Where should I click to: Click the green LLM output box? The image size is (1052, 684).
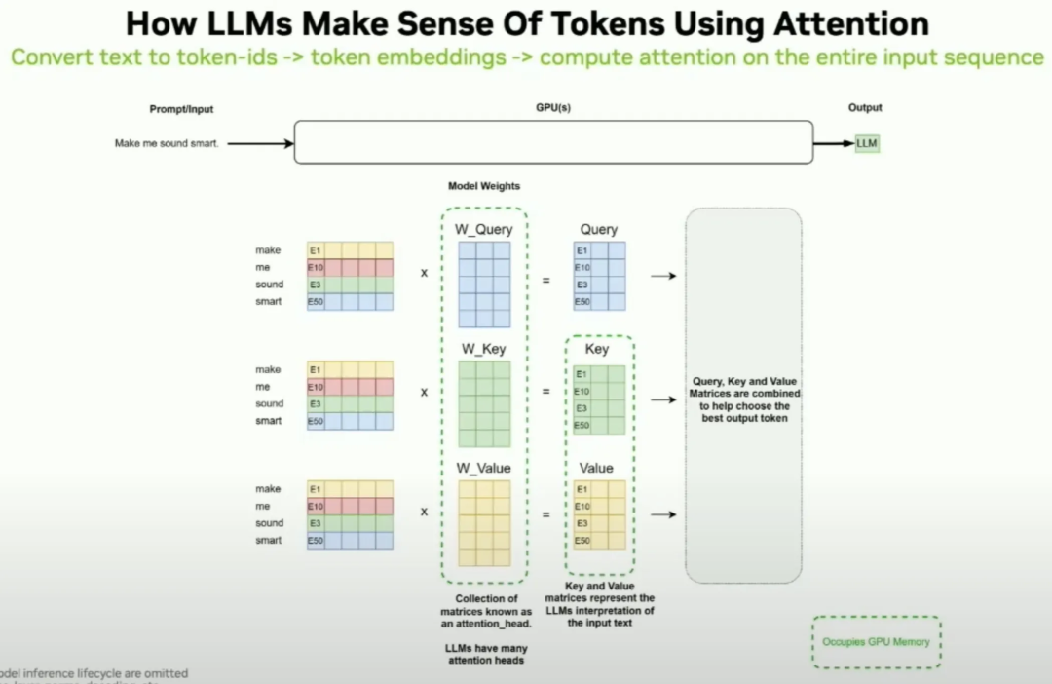click(x=866, y=144)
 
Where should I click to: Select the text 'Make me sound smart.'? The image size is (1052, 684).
click(x=167, y=144)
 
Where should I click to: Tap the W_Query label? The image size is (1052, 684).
click(x=484, y=230)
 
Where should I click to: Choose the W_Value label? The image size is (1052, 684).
click(x=484, y=469)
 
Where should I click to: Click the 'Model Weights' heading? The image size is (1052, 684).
click(x=484, y=186)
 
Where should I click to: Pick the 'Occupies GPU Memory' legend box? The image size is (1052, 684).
click(x=876, y=642)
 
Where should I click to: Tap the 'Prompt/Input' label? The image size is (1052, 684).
click(x=181, y=109)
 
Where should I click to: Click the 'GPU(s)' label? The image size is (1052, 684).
click(x=552, y=108)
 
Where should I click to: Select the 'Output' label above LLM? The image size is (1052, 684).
click(x=865, y=108)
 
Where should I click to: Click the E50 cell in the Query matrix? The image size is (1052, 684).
click(x=582, y=302)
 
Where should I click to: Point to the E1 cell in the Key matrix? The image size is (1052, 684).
click(x=582, y=374)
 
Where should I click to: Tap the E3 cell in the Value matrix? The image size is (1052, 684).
click(x=582, y=523)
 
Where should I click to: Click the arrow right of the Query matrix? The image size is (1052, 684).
click(x=663, y=276)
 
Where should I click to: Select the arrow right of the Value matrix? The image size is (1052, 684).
click(x=663, y=514)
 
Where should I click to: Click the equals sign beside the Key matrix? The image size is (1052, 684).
click(x=545, y=392)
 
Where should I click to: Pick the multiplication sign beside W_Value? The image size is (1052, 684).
click(x=424, y=512)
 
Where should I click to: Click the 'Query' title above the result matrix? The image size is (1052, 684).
click(x=598, y=230)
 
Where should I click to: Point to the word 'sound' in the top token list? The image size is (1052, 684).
click(x=270, y=285)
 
